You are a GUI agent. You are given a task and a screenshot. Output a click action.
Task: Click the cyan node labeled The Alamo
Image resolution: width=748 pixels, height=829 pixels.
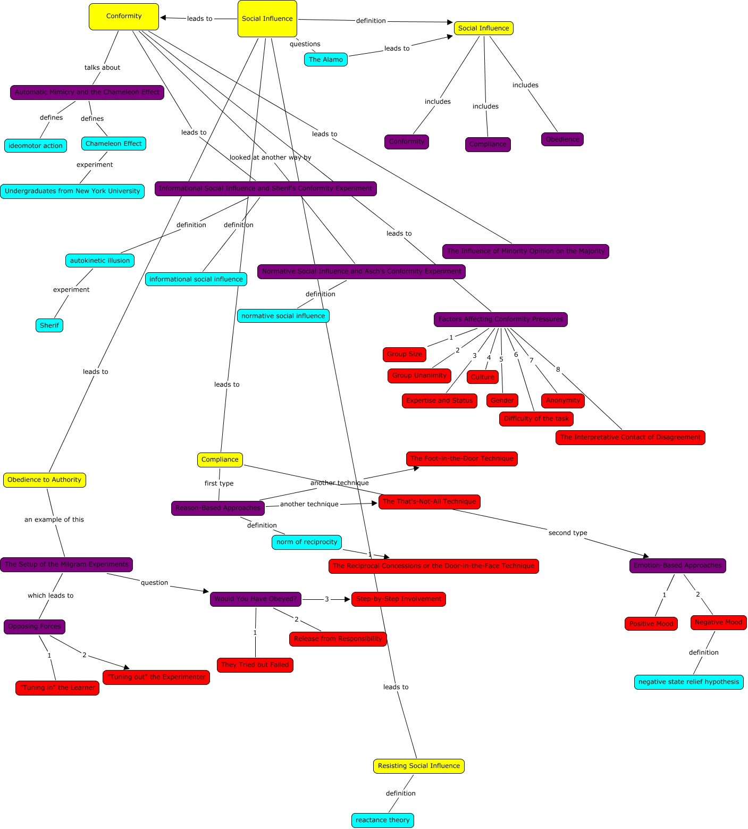(325, 60)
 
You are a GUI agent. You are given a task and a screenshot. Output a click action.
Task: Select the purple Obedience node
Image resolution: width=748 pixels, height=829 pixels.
(562, 139)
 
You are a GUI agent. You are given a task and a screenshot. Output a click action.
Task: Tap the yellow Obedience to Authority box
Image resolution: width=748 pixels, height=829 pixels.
(44, 480)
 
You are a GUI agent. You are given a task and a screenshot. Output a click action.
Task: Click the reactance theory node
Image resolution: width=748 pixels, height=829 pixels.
(382, 820)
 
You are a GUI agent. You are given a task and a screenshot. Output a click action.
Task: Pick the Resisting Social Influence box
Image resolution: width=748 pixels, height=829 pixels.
(418, 766)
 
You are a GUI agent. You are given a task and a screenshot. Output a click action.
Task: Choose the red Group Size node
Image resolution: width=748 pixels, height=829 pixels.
(404, 354)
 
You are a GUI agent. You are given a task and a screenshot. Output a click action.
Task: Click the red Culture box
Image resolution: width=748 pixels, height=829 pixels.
(482, 377)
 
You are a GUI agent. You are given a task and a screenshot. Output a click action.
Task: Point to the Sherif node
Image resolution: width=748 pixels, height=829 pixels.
(49, 325)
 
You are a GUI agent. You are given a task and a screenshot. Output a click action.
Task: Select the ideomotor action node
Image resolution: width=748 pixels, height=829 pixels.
(35, 146)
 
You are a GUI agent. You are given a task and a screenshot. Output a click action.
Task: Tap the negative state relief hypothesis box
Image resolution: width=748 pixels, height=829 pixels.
(688, 682)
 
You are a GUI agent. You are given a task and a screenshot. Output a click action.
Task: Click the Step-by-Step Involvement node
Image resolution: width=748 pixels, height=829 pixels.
(398, 599)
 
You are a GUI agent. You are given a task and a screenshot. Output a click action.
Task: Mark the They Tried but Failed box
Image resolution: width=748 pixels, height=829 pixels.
(255, 665)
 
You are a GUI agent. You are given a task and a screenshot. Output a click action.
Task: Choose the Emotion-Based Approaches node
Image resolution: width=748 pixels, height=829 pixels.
(677, 565)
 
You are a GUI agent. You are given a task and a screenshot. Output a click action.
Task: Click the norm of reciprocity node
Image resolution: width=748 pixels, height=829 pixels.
(306, 542)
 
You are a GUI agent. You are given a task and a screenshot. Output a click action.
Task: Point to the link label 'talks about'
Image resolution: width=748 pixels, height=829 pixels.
(102, 68)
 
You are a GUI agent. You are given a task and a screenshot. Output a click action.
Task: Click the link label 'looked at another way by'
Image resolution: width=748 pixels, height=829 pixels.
(270, 157)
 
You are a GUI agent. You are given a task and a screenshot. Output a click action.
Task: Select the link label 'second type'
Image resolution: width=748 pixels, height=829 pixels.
(567, 533)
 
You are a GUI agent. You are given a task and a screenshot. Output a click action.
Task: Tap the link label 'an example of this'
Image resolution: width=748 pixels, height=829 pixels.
(54, 520)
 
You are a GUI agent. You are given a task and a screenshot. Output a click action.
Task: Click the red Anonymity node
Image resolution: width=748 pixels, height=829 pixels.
(562, 400)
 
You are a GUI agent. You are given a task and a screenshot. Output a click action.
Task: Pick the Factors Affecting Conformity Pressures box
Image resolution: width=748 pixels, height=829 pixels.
(500, 319)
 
